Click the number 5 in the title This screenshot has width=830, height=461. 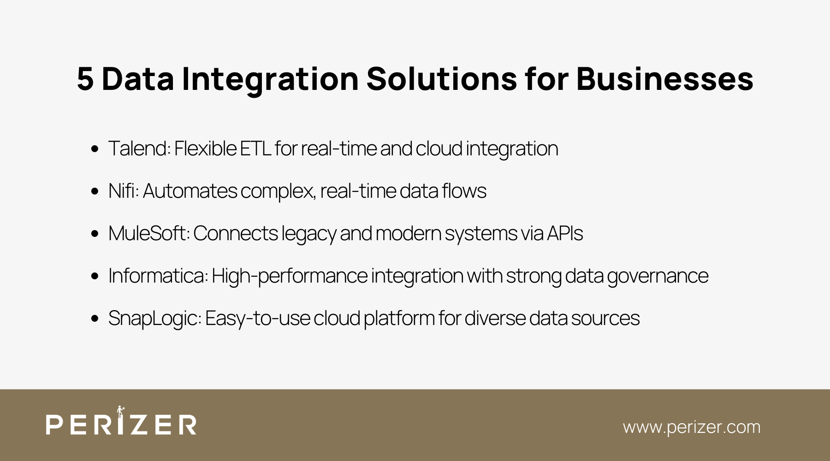[x=85, y=79]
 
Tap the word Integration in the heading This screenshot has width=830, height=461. [x=270, y=79]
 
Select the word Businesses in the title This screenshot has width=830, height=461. [x=664, y=79]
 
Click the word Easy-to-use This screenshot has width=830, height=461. [x=257, y=319]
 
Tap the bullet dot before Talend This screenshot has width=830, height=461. [x=95, y=149]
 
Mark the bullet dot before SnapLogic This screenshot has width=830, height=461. [x=95, y=319]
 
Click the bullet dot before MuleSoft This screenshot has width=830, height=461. [x=95, y=234]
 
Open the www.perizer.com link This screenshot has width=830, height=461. [x=691, y=427]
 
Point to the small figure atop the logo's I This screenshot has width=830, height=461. [x=121, y=411]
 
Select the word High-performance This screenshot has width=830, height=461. [x=290, y=276]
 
